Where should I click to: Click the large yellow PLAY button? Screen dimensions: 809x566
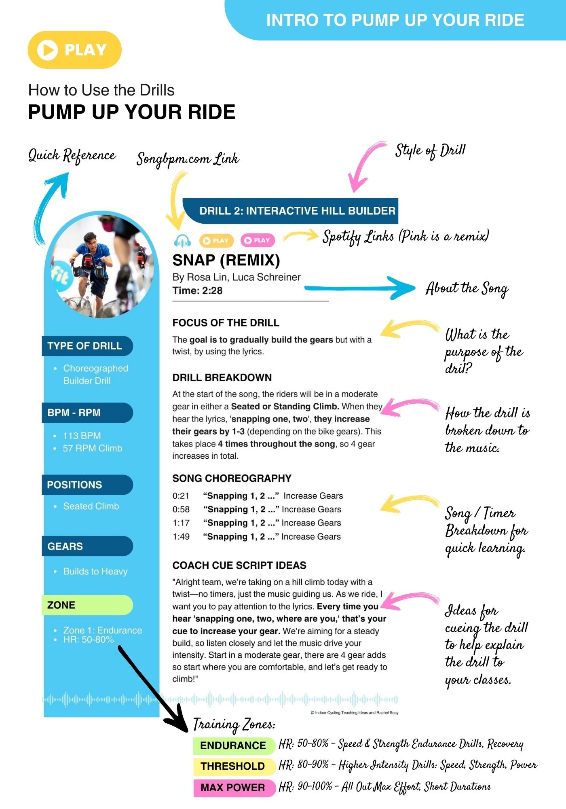coord(75,50)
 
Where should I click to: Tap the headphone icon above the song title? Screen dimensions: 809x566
coord(182,241)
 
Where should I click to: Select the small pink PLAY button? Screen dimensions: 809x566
coord(258,240)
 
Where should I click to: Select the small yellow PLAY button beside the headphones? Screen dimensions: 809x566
coord(216,241)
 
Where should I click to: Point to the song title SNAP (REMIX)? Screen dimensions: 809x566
coord(226,260)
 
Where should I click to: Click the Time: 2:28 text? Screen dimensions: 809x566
coord(197,290)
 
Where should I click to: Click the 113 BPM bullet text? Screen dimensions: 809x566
coord(82,436)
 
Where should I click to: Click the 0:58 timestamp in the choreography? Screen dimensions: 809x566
coord(181,509)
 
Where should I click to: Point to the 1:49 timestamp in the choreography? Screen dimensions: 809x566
coord(181,536)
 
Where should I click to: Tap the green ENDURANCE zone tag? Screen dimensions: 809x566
coord(233,745)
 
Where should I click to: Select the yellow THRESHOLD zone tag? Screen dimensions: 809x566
coord(233,766)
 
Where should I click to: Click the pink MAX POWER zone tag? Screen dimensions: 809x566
coord(233,788)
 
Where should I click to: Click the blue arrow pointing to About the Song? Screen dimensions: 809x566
coord(360,288)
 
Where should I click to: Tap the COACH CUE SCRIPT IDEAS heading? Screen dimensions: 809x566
coord(239,565)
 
